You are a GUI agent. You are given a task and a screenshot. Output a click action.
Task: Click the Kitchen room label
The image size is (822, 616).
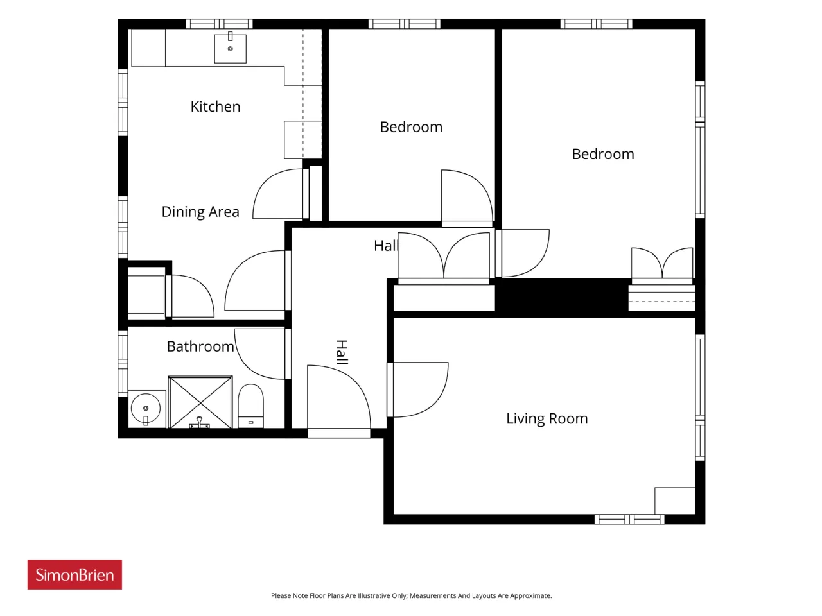click(215, 107)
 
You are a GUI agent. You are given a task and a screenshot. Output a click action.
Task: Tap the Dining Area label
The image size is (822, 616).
click(200, 212)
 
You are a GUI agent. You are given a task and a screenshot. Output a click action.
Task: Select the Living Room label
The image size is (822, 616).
click(547, 418)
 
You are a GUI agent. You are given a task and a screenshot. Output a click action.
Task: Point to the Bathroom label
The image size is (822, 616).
click(200, 346)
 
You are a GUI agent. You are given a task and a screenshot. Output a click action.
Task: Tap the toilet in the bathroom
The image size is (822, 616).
click(251, 406)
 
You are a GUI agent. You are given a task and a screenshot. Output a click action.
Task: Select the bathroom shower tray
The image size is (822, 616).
click(200, 402)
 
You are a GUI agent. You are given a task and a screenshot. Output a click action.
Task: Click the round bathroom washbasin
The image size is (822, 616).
click(146, 408)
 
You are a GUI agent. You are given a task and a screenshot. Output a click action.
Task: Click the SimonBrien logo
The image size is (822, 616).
click(74, 574)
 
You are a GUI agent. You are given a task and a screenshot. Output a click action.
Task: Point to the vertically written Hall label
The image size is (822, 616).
click(342, 352)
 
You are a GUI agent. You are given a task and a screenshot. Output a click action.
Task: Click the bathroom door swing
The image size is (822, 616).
click(259, 354)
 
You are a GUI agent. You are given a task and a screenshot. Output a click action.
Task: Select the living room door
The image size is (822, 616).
click(417, 389)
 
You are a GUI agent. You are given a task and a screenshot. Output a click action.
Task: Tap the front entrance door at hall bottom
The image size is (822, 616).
click(339, 397)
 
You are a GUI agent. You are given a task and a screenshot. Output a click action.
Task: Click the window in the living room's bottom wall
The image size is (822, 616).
click(629, 519)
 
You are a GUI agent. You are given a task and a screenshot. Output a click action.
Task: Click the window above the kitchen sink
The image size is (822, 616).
click(220, 24)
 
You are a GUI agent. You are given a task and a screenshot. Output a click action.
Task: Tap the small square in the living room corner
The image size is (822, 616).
click(675, 501)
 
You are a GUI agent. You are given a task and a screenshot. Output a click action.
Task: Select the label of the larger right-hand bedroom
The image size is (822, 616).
click(603, 154)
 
